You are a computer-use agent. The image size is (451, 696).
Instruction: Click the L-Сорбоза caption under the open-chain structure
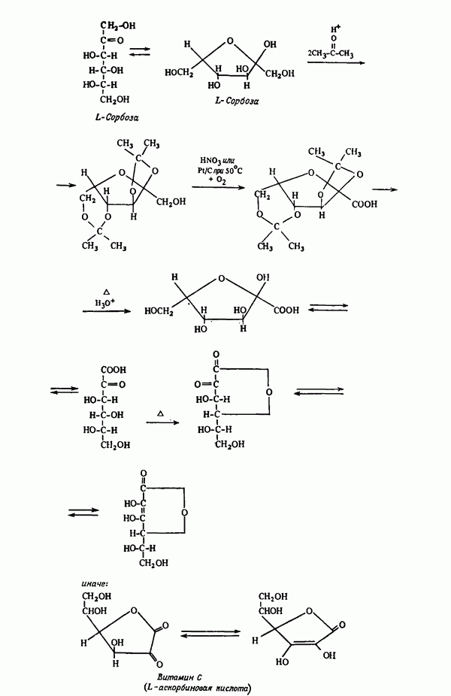(113, 118)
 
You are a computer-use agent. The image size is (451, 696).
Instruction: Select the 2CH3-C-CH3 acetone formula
(333, 52)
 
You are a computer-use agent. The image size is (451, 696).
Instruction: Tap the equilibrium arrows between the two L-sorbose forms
(139, 52)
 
